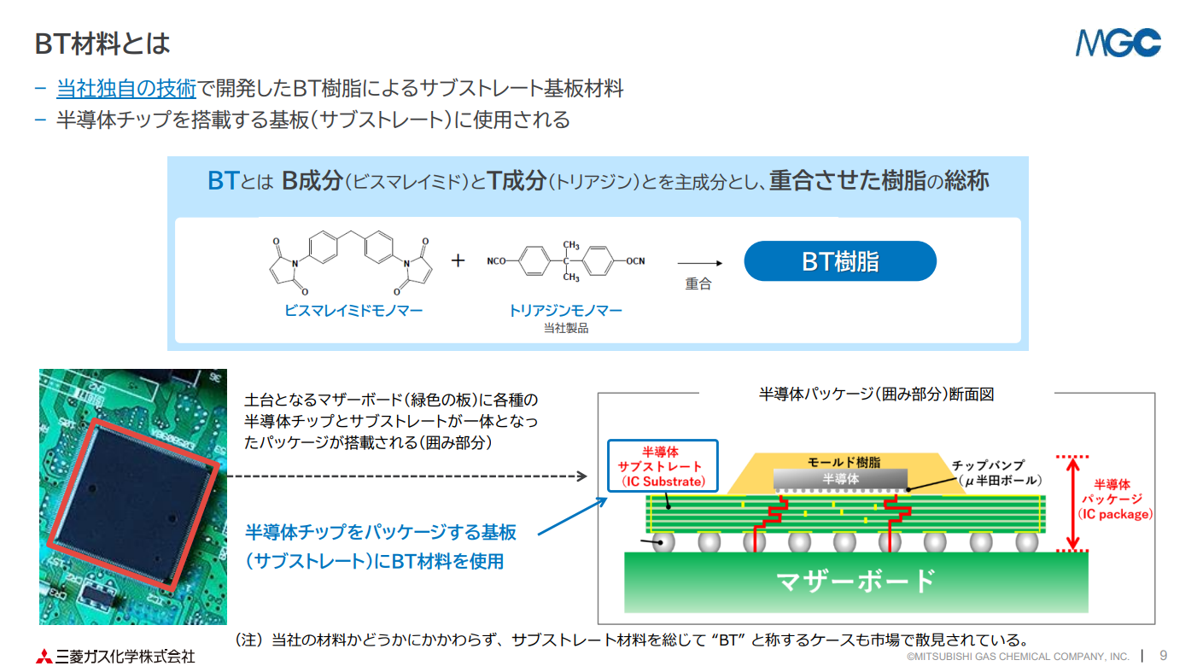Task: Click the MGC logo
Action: click(x=1118, y=43)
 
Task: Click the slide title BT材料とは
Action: click(x=102, y=44)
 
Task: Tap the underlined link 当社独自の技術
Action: click(x=126, y=89)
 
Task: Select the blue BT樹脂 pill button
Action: click(x=840, y=261)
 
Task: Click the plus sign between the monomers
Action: click(x=458, y=260)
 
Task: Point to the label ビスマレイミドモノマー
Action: click(x=353, y=311)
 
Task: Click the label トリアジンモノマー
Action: click(x=565, y=311)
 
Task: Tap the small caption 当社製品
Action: click(x=566, y=328)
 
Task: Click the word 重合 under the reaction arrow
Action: click(x=698, y=283)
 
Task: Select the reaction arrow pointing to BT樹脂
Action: click(x=700, y=263)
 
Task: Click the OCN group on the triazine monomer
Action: click(x=635, y=261)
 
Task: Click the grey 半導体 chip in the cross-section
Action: click(x=840, y=478)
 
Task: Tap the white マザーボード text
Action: click(x=856, y=581)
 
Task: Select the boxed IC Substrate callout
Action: click(x=663, y=466)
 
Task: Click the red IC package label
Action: click(x=1114, y=500)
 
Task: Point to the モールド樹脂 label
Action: click(x=844, y=462)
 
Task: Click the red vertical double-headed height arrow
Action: click(x=1072, y=504)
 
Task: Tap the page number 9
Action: click(x=1164, y=656)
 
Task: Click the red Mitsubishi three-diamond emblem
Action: click(x=44, y=656)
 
